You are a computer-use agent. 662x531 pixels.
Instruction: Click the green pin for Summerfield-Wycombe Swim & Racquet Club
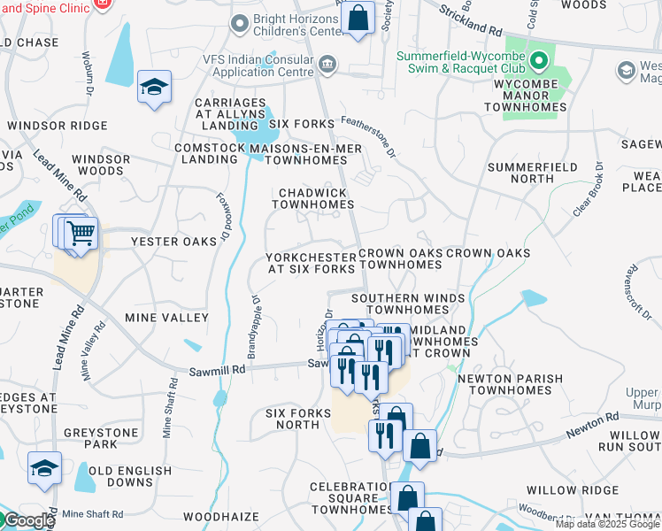540,61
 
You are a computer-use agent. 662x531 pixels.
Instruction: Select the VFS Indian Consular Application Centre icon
327,63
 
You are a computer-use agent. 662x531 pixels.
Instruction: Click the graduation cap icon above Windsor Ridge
154,88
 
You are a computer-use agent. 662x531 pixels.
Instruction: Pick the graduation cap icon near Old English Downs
44,468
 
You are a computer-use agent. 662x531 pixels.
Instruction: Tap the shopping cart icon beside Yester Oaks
80,235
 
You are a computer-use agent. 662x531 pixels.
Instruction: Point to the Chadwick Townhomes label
312,198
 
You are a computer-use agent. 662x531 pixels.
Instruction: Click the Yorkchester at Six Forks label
310,262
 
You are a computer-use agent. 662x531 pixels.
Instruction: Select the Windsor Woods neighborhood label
101,165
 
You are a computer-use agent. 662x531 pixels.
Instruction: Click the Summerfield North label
532,173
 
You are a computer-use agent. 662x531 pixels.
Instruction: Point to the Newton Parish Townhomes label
510,384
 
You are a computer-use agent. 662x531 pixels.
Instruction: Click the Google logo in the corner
28,520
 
